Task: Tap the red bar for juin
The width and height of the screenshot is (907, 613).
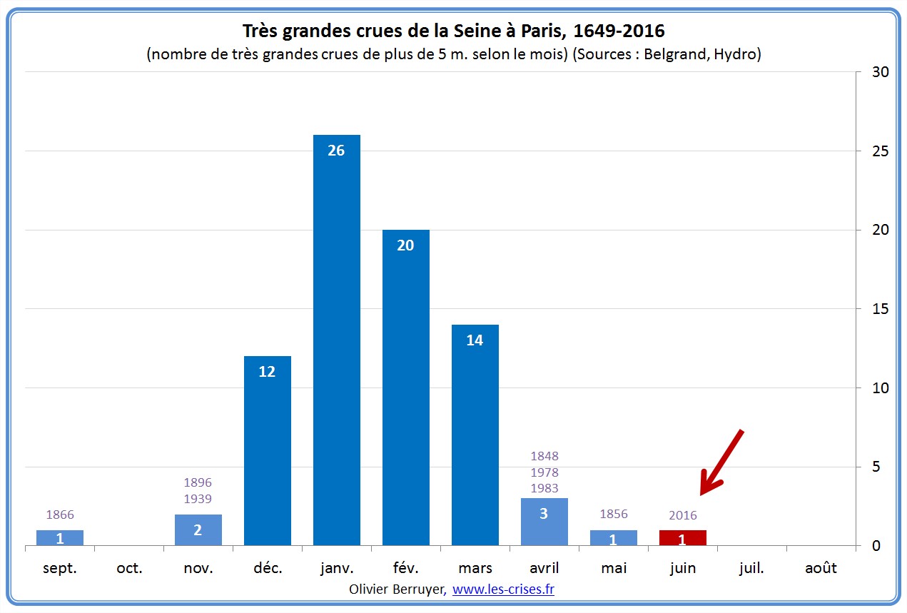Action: click(x=682, y=538)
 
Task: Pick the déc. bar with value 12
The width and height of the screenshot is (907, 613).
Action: click(x=267, y=450)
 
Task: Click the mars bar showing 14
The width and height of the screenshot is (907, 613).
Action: click(x=475, y=435)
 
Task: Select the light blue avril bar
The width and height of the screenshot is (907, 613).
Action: click(x=544, y=522)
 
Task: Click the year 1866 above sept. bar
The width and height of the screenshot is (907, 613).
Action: click(x=60, y=515)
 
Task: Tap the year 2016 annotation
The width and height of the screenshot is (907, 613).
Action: click(x=683, y=515)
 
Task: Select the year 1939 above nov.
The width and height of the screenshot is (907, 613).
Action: click(x=198, y=499)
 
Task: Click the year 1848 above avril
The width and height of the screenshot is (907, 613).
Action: click(x=544, y=456)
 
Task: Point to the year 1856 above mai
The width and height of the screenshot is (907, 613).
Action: click(x=614, y=515)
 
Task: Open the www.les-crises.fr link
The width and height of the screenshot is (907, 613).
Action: click(x=503, y=589)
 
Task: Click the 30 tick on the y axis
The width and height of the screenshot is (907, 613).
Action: click(x=875, y=72)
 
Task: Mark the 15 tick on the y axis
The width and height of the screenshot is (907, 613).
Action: click(x=875, y=309)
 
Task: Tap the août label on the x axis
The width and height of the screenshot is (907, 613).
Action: click(x=821, y=568)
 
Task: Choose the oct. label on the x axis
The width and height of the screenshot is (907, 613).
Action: click(x=129, y=568)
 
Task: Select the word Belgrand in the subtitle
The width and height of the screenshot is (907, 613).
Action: click(x=672, y=54)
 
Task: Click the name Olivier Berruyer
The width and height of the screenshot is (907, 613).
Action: click(x=397, y=589)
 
